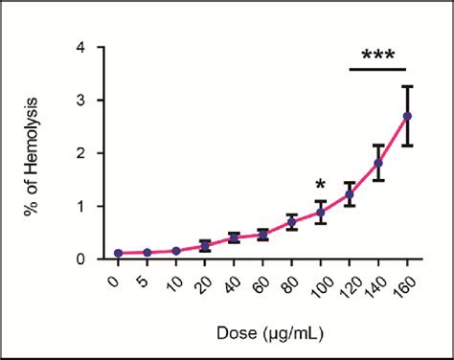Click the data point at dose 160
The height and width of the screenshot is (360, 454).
click(x=407, y=116)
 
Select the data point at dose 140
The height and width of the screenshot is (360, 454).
click(x=378, y=163)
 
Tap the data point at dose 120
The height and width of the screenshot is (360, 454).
click(x=350, y=194)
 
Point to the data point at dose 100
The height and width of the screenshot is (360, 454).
click(x=321, y=213)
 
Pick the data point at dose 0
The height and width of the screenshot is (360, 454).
click(x=119, y=253)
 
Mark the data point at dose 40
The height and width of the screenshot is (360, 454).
click(x=234, y=237)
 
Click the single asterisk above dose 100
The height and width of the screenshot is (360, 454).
click(x=321, y=185)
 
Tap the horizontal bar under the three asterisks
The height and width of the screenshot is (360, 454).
click(x=378, y=69)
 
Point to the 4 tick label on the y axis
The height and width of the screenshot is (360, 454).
click(x=86, y=47)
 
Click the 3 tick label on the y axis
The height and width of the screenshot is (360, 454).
click(x=86, y=101)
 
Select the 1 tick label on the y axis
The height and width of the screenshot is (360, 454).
click(x=86, y=207)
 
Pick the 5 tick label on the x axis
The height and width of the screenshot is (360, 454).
click(x=146, y=278)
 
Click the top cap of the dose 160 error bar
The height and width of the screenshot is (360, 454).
click(x=407, y=86)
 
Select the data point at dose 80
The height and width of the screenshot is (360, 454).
click(x=292, y=222)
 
